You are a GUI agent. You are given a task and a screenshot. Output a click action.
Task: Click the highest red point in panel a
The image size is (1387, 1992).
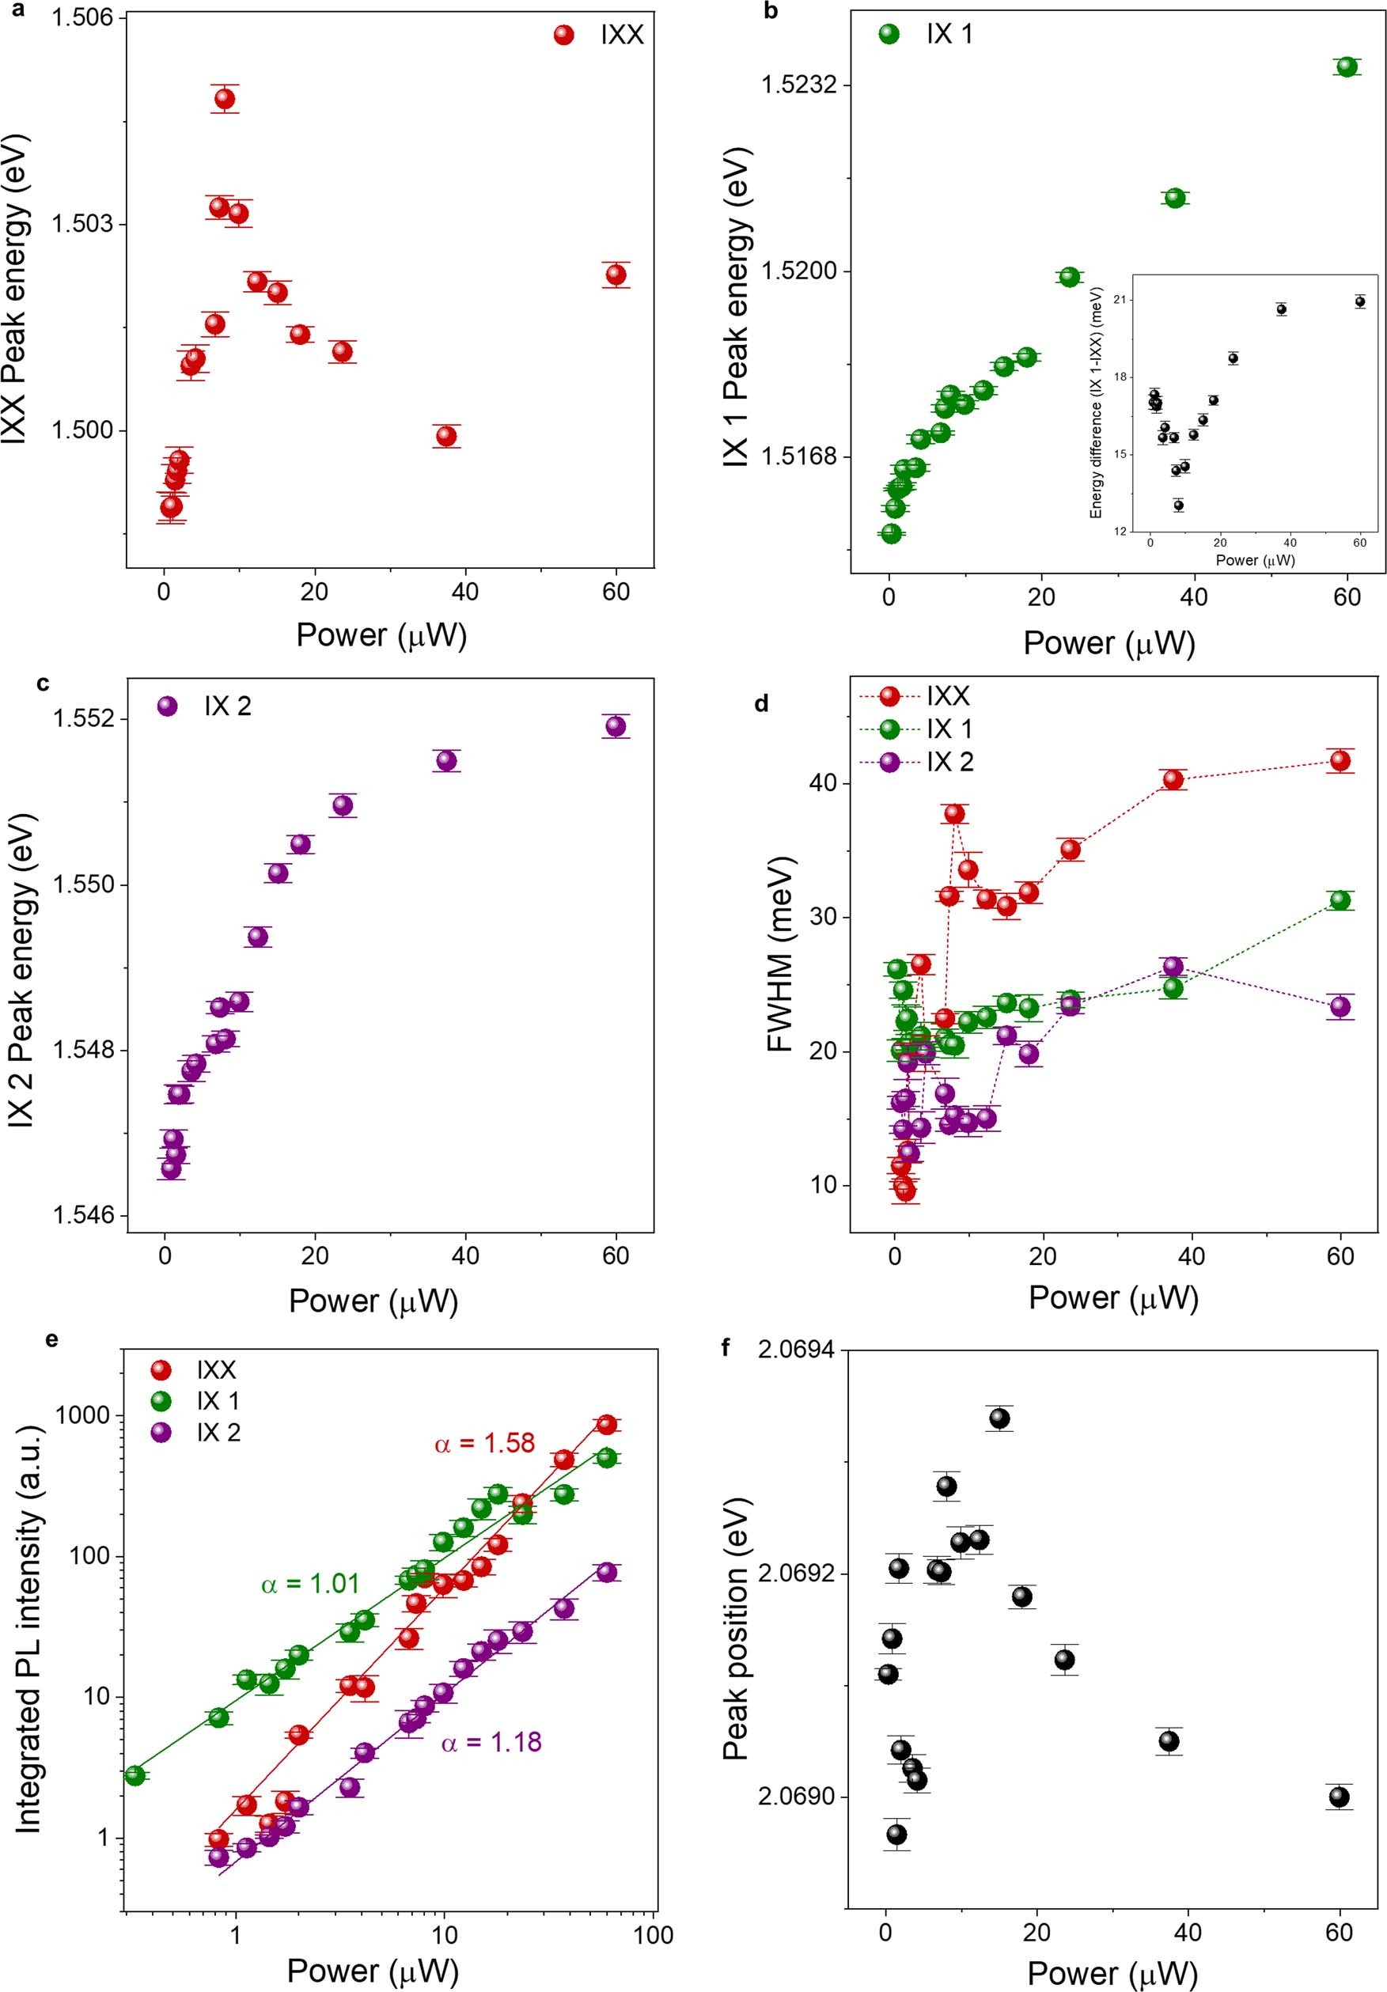click(225, 99)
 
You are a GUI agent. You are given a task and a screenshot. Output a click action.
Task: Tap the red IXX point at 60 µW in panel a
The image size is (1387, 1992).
click(616, 275)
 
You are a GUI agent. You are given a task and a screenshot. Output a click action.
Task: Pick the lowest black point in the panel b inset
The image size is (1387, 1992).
click(1179, 505)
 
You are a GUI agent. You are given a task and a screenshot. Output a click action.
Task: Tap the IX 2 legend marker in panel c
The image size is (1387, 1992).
click(168, 706)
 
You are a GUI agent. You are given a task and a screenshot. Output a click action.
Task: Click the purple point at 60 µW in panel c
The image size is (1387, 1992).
click(616, 726)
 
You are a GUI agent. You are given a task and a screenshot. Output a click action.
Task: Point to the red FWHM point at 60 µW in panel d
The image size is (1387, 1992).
click(1340, 761)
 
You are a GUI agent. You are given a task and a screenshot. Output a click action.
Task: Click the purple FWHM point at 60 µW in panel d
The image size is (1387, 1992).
click(1340, 1006)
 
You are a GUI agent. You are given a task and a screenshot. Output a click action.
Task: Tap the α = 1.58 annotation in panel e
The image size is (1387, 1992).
click(484, 1468)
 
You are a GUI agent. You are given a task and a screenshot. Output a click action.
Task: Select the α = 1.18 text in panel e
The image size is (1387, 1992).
click(491, 1742)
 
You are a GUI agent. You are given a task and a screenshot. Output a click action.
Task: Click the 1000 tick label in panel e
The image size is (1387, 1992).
click(83, 1415)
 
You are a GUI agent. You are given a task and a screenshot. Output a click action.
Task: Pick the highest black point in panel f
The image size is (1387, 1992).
click(1000, 1418)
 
